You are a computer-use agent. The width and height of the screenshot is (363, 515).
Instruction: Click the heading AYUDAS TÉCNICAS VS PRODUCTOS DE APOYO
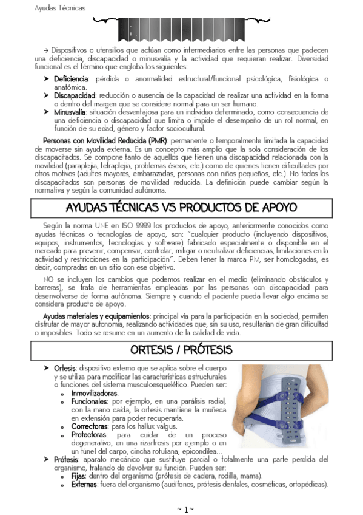tap(181, 208)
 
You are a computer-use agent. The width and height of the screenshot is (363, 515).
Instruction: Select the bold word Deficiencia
tap(71, 79)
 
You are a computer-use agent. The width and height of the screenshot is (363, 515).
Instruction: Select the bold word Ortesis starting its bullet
tap(65, 369)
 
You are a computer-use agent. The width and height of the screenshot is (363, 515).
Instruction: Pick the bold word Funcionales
tap(89, 402)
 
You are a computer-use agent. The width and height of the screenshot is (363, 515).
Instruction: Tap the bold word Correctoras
tap(90, 427)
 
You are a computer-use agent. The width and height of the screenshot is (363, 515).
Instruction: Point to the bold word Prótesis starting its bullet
tap(66, 460)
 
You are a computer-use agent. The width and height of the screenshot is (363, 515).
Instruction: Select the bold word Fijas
tap(78, 476)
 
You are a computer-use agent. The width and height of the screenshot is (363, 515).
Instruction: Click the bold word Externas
tap(84, 485)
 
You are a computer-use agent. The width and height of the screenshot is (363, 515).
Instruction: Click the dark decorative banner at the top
tap(181, 27)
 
